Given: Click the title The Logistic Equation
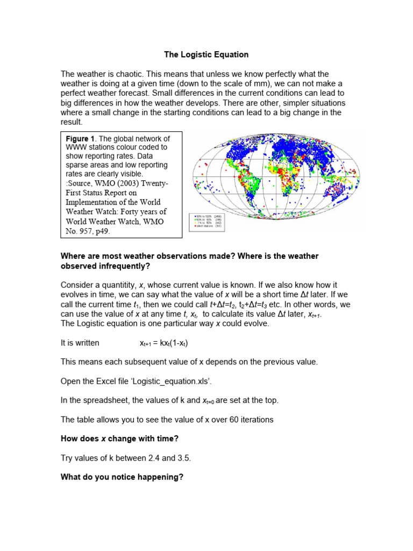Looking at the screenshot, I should click(206, 55).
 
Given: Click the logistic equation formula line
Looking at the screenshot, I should click(163, 342).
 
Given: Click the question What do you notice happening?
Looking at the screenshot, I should click(122, 477).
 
